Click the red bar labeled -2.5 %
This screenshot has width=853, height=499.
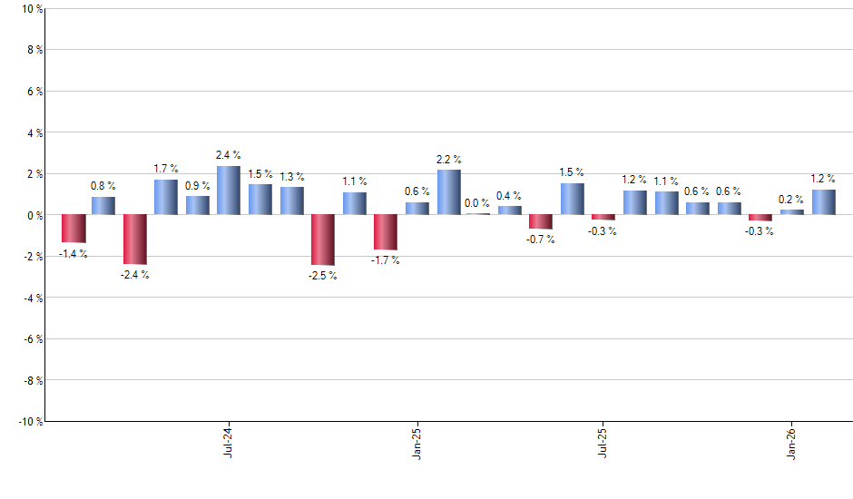click(x=323, y=240)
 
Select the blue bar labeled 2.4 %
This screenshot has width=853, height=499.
click(x=229, y=191)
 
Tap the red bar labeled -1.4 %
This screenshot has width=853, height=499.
click(x=74, y=229)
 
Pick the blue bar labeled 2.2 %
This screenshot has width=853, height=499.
click(x=449, y=192)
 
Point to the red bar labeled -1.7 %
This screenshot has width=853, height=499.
click(x=386, y=232)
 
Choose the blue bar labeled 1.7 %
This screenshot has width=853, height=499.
click(x=166, y=197)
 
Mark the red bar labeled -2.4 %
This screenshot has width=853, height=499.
click(x=135, y=239)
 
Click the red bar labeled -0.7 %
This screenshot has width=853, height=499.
click(x=541, y=222)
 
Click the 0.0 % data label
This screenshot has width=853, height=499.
click(x=477, y=203)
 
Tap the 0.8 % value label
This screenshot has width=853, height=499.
click(x=103, y=186)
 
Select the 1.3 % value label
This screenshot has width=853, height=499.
click(x=292, y=177)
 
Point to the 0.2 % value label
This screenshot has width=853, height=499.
click(x=792, y=200)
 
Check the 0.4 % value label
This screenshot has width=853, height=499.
click(x=509, y=196)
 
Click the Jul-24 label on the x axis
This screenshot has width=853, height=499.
click(x=227, y=442)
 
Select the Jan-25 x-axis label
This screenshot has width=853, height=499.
click(x=417, y=442)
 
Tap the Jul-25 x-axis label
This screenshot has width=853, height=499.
click(x=603, y=442)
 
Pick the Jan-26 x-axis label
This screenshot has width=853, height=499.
click(x=792, y=442)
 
